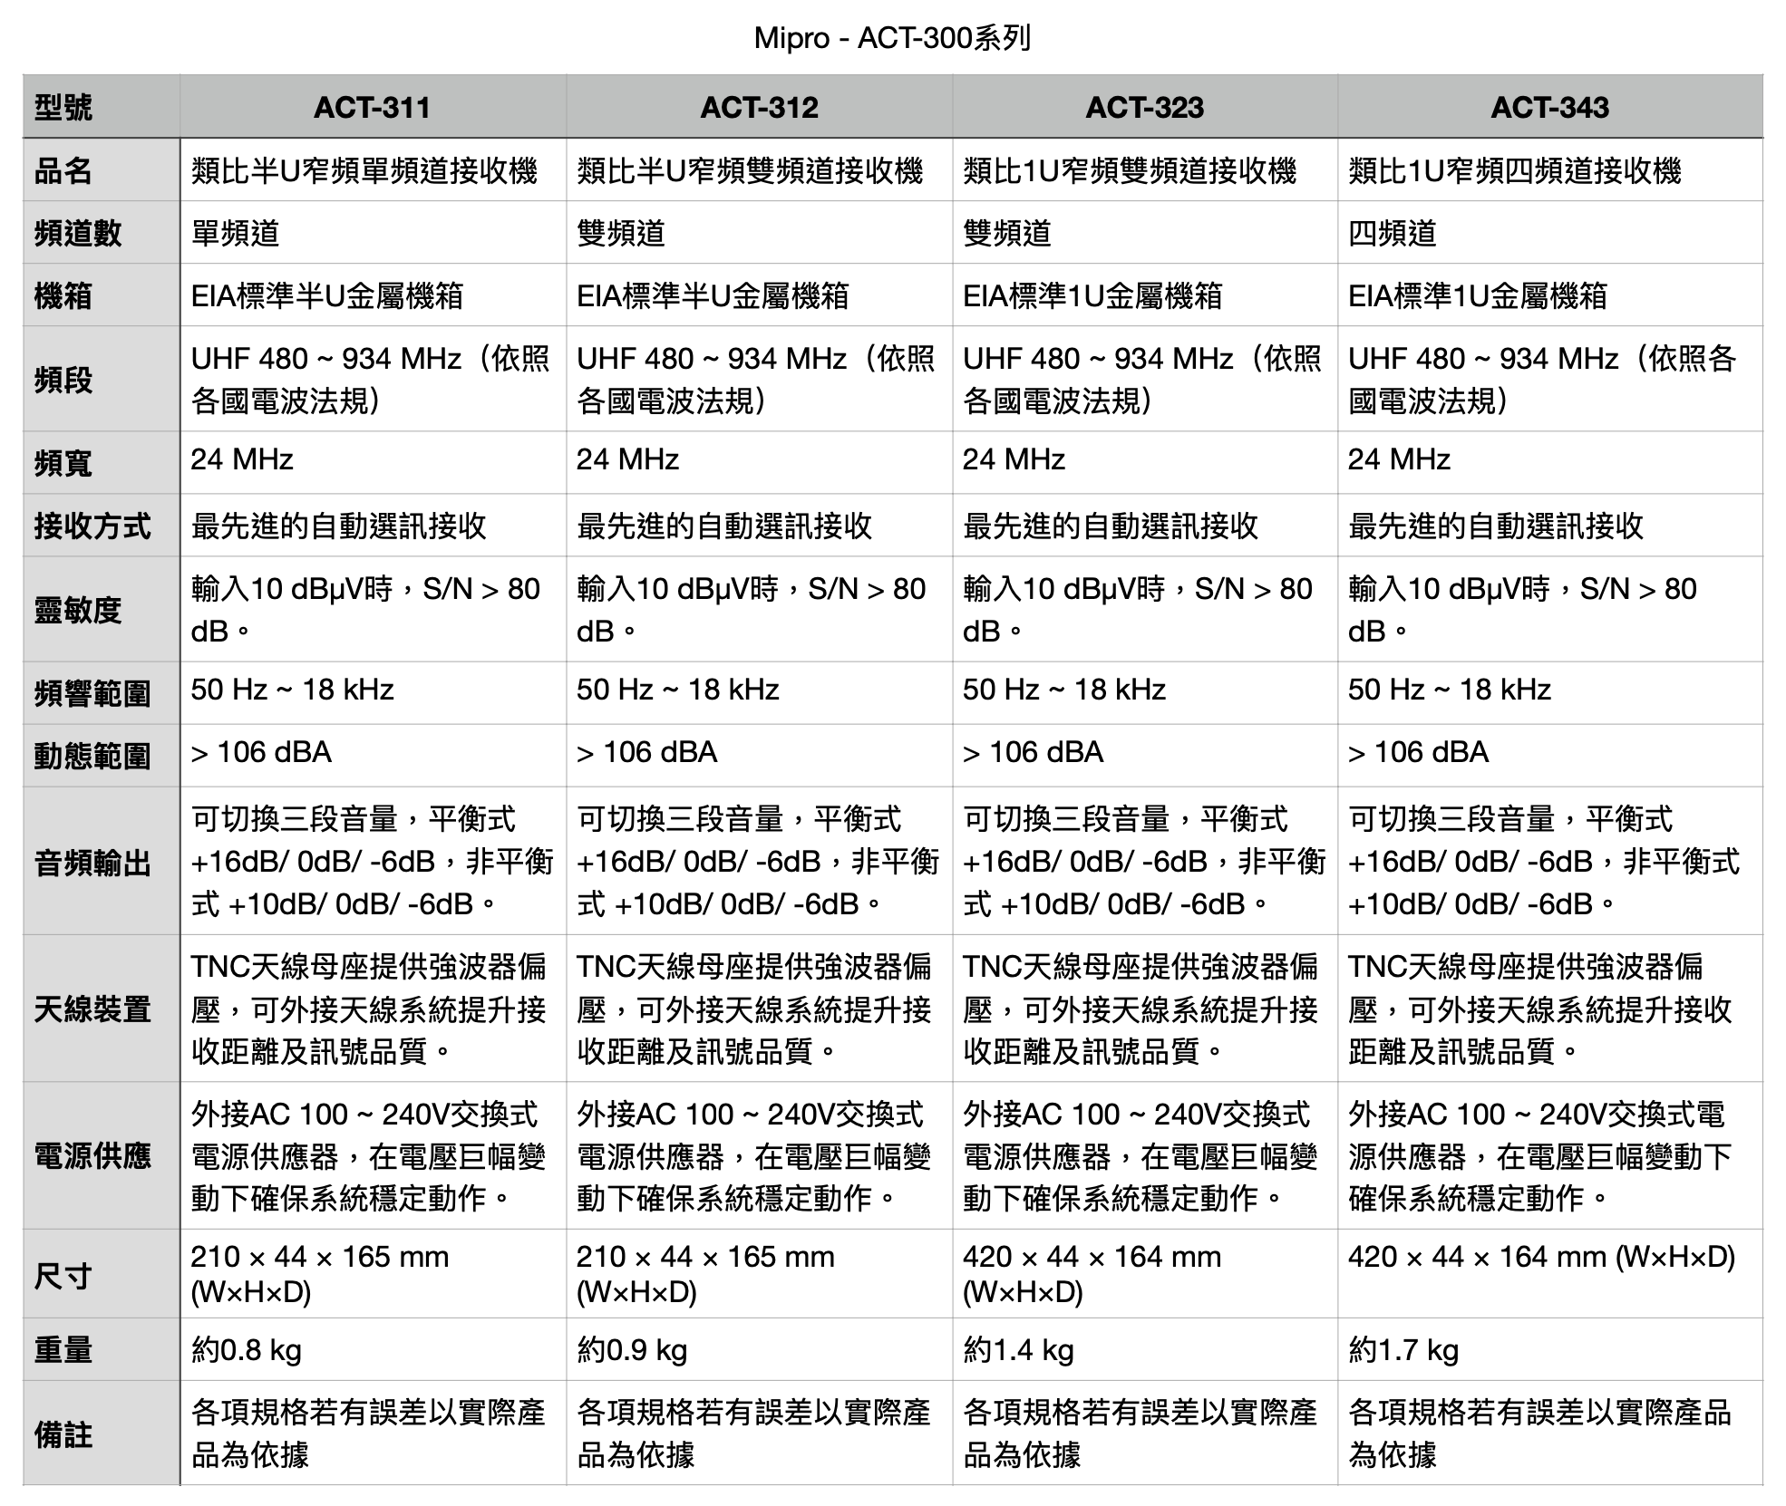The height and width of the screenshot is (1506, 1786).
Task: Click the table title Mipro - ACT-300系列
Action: tap(892, 38)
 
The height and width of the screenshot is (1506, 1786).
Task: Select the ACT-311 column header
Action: tap(372, 108)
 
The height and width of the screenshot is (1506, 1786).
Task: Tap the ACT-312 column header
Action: tap(759, 108)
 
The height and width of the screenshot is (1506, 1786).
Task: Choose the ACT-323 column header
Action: tap(1144, 108)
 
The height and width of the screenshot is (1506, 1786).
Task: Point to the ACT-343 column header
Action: tap(1549, 108)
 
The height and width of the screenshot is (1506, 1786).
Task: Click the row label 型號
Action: tap(63, 108)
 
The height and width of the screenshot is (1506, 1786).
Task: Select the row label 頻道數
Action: tap(78, 233)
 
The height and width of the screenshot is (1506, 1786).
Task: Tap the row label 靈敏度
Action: tap(78, 610)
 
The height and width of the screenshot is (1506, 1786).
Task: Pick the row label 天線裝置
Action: tap(92, 1009)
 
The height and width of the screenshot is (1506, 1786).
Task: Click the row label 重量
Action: tap(63, 1349)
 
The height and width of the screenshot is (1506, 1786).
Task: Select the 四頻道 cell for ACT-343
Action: tap(1393, 233)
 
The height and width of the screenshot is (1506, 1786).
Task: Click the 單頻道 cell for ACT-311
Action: tap(235, 233)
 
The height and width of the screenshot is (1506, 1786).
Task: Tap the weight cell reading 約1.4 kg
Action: tap(1018, 1349)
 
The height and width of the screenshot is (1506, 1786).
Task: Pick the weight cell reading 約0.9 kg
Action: tap(632, 1349)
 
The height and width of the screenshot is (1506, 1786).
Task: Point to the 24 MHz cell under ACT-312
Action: tap(627, 459)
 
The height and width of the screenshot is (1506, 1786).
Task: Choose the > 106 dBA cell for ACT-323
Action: tap(1033, 752)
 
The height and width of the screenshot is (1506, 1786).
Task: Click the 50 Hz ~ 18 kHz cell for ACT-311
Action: tap(292, 690)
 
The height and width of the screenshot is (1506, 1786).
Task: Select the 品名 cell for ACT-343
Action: tap(1514, 170)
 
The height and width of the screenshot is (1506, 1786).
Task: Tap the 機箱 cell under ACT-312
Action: tap(713, 295)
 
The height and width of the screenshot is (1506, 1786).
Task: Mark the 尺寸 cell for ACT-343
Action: tap(1541, 1257)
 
